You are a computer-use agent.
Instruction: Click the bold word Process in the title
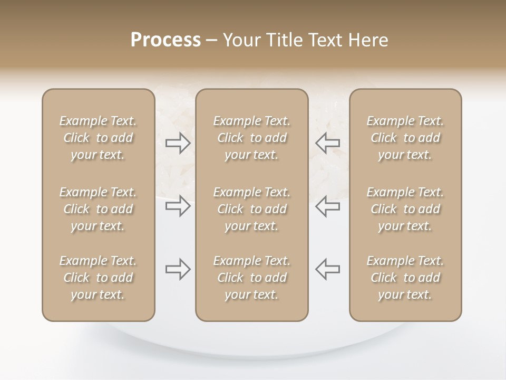click(166, 40)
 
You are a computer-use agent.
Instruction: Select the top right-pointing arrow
click(178, 143)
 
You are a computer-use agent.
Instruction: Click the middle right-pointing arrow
click(178, 206)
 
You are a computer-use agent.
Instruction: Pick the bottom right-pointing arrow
click(178, 269)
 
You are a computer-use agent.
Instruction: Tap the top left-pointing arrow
click(327, 143)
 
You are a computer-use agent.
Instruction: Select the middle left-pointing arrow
click(327, 206)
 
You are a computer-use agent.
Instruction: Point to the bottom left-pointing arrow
click(327, 269)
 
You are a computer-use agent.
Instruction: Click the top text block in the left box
click(98, 138)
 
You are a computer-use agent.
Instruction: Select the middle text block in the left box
click(98, 209)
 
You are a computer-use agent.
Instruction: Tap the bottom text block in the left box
click(98, 278)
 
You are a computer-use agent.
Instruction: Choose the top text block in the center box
click(252, 138)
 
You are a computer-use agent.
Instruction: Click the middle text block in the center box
click(252, 209)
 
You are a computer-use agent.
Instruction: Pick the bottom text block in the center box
click(252, 278)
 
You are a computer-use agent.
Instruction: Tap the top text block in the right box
click(405, 138)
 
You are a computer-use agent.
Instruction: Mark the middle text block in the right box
click(405, 209)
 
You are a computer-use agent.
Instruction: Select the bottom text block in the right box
click(405, 278)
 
